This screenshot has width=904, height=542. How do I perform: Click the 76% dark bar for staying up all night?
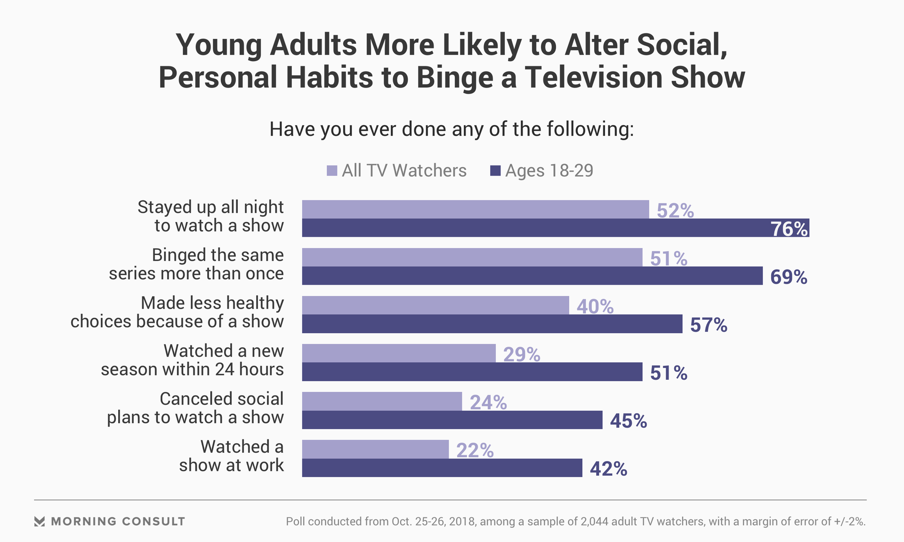click(x=556, y=228)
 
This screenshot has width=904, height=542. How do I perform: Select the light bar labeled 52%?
click(x=476, y=209)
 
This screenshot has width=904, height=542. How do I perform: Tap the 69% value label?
click(x=789, y=277)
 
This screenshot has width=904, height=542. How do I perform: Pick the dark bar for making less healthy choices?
click(x=492, y=324)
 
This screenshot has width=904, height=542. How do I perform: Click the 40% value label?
click(x=595, y=307)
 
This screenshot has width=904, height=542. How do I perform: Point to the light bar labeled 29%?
click(x=399, y=353)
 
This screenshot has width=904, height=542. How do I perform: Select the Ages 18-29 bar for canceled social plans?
click(x=452, y=420)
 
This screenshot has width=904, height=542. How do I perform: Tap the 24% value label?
click(x=488, y=403)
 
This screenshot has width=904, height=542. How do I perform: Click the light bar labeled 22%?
click(x=375, y=449)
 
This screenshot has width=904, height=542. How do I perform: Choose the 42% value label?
click(x=608, y=469)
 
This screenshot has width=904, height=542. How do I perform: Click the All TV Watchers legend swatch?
click(x=332, y=171)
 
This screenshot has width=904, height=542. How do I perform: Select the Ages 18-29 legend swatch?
click(x=495, y=171)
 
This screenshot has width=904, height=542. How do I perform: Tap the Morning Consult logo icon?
click(x=40, y=521)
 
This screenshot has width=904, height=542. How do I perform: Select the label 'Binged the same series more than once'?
click(x=196, y=264)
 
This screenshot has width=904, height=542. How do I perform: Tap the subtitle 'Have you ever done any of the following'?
click(x=452, y=129)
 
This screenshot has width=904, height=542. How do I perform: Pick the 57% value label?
click(x=709, y=325)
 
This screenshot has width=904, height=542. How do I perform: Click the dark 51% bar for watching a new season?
click(x=472, y=372)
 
